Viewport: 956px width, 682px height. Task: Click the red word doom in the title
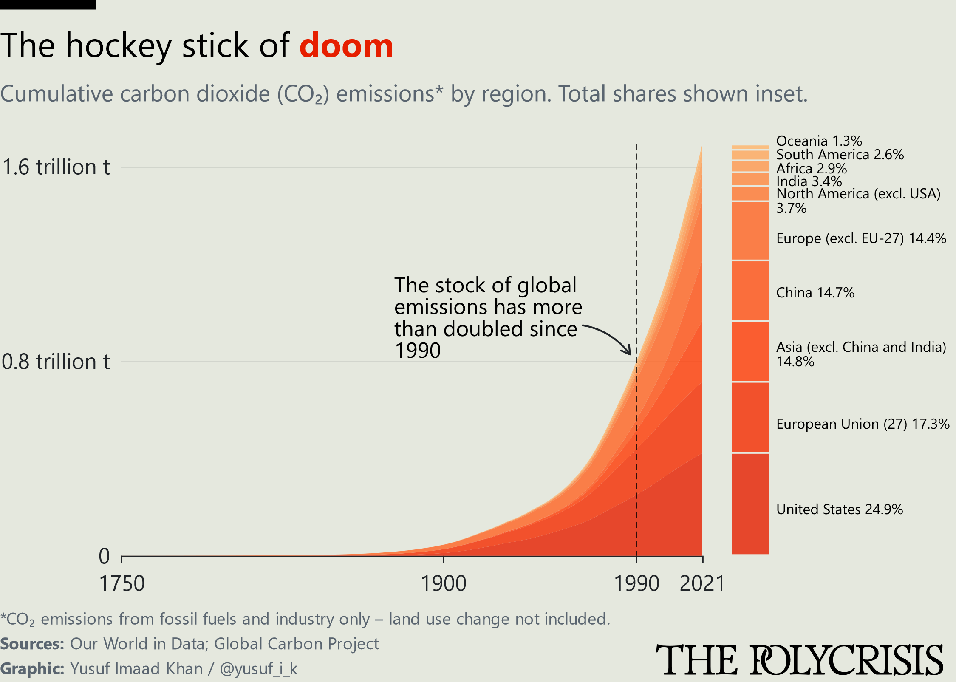point(346,45)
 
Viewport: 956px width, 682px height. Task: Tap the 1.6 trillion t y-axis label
point(56,167)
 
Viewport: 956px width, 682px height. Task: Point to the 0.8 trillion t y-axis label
point(56,362)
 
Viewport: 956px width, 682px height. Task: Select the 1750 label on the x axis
point(122,583)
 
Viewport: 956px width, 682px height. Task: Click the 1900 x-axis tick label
point(443,583)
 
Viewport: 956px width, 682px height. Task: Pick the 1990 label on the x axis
point(636,583)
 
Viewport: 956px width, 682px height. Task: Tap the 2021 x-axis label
point(702,583)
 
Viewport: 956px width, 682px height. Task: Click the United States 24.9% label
point(840,509)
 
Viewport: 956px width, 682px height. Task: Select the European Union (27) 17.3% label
point(863,424)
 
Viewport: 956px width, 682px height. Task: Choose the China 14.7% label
point(815,292)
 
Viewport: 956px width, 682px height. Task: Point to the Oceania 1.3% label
point(819,141)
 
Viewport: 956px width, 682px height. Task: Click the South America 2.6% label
point(840,154)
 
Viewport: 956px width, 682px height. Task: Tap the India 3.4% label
point(809,181)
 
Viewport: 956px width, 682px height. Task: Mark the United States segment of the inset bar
point(750,504)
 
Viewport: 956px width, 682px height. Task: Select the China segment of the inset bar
point(750,290)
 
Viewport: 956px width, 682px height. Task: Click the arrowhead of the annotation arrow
point(628,351)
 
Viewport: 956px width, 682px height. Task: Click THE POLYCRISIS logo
point(799,659)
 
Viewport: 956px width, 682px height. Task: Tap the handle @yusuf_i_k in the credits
point(258,668)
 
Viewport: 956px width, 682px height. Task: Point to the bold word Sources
point(32,644)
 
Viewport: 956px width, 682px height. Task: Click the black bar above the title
point(48,5)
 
